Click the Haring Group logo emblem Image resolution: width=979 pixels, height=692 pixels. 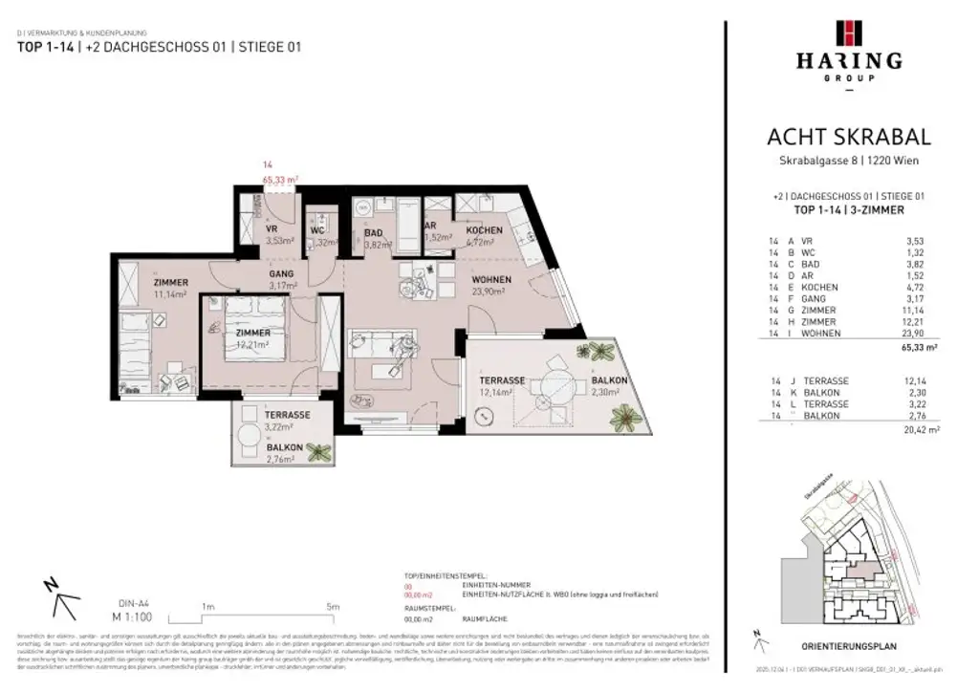point(848,32)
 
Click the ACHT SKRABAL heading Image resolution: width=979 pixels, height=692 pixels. point(848,138)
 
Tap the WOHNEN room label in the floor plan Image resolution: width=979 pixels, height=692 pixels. point(491,280)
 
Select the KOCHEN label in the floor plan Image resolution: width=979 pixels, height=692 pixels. point(484,232)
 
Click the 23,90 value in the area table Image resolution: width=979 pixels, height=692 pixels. point(922,334)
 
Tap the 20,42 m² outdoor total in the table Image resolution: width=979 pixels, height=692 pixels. point(918,432)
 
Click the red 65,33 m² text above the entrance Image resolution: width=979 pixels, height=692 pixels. point(281,179)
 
